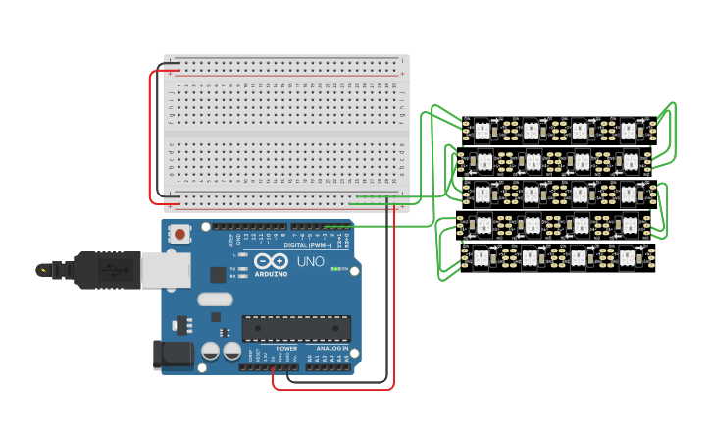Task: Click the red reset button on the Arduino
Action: [180, 235]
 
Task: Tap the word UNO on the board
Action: [310, 262]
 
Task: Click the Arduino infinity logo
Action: [272, 262]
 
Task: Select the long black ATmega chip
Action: [296, 329]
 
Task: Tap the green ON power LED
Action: [335, 269]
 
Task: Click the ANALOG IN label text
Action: [331, 349]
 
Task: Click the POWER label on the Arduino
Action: [286, 349]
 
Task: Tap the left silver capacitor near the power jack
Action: [210, 351]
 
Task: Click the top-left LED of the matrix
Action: [482, 129]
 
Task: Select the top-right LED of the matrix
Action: [629, 129]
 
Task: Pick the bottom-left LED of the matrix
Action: [482, 258]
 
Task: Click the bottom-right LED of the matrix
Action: [629, 258]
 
